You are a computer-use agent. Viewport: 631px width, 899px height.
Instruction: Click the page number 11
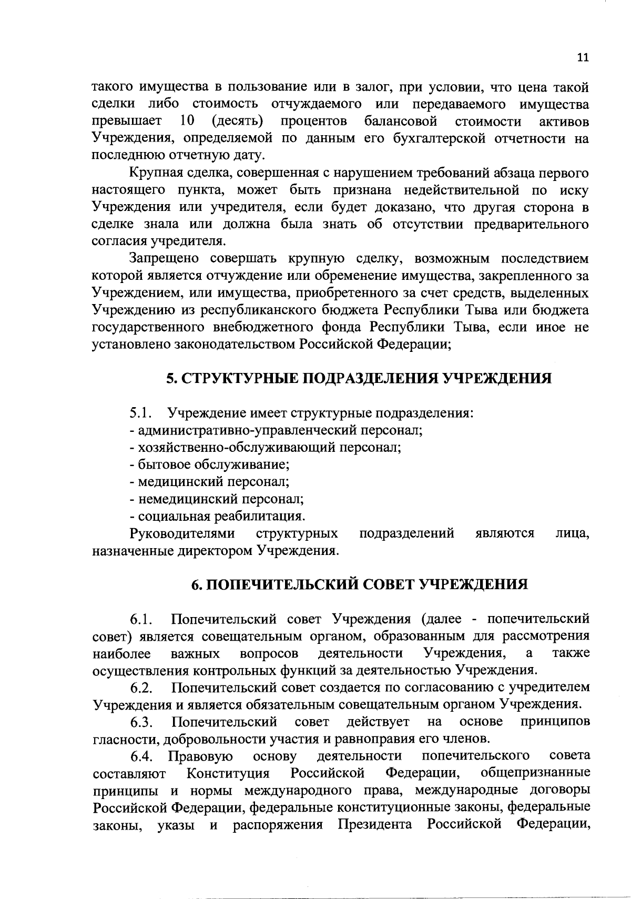tap(582, 58)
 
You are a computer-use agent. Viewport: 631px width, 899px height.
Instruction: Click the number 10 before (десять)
tap(187, 122)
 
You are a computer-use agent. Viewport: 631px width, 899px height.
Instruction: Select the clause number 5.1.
tap(141, 413)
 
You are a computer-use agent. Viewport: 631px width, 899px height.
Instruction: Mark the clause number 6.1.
tap(141, 619)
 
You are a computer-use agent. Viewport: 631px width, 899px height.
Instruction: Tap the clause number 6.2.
tap(141, 688)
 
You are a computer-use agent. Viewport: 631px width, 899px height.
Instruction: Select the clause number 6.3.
tap(141, 722)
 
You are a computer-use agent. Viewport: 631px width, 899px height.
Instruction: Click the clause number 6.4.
tap(141, 756)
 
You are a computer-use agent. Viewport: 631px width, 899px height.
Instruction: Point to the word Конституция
tap(228, 774)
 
